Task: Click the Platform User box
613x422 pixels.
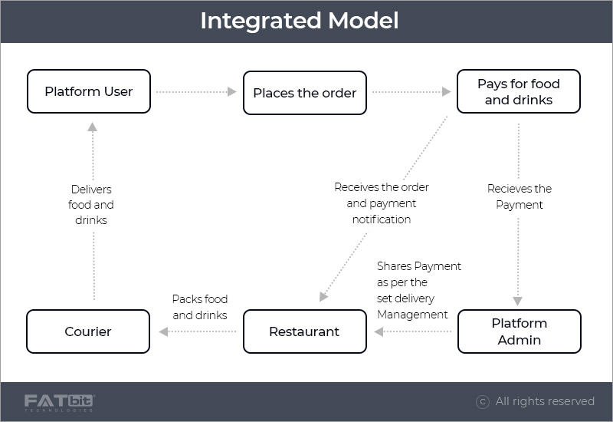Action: coord(89,92)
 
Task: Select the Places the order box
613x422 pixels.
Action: coord(305,94)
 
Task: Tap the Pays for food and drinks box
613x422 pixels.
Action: coord(519,92)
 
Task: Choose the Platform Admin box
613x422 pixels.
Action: coord(519,331)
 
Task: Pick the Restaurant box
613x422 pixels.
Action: coord(304,331)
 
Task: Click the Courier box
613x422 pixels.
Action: coord(88,331)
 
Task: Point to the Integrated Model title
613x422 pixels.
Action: coord(300,21)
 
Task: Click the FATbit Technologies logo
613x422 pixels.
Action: coord(60,402)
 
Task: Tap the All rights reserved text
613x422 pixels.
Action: coord(545,401)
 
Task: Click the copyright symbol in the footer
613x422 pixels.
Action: coord(483,401)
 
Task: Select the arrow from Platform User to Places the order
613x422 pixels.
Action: coord(196,92)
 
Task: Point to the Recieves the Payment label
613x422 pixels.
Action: coord(519,196)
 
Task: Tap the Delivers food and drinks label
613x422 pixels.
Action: coord(91,204)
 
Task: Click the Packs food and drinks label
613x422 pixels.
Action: coord(200,307)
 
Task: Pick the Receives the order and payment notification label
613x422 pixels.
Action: coord(382,203)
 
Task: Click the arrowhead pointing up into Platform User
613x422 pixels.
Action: coord(92,127)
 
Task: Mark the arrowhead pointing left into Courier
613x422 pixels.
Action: coord(163,331)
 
